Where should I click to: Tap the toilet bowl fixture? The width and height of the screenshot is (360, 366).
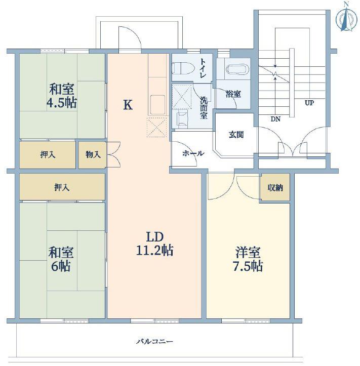183,68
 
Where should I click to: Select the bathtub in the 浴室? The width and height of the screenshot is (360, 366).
237,69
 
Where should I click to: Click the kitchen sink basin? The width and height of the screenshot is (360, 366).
158,105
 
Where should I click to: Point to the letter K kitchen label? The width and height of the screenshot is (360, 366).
128,105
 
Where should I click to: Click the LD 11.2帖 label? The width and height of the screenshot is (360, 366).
154,243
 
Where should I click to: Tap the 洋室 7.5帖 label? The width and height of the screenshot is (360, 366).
248,259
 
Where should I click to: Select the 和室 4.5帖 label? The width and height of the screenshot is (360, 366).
62,96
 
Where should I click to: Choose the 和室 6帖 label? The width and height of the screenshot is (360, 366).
61,259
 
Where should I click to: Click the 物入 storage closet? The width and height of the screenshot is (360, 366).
93,155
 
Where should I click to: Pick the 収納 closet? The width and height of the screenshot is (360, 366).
275,187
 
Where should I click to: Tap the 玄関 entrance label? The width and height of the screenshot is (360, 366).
236,135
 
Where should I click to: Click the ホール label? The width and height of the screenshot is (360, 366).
193,153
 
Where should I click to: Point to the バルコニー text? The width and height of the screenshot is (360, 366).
154,342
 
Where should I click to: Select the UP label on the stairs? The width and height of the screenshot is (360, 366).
309,103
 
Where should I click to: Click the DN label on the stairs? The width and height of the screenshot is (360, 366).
275,119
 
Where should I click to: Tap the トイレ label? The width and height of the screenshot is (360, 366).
203,68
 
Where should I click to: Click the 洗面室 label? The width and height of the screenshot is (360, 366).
204,108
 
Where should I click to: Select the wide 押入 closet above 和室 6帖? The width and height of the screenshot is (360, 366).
62,187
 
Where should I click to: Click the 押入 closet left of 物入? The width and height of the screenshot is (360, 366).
48,155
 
